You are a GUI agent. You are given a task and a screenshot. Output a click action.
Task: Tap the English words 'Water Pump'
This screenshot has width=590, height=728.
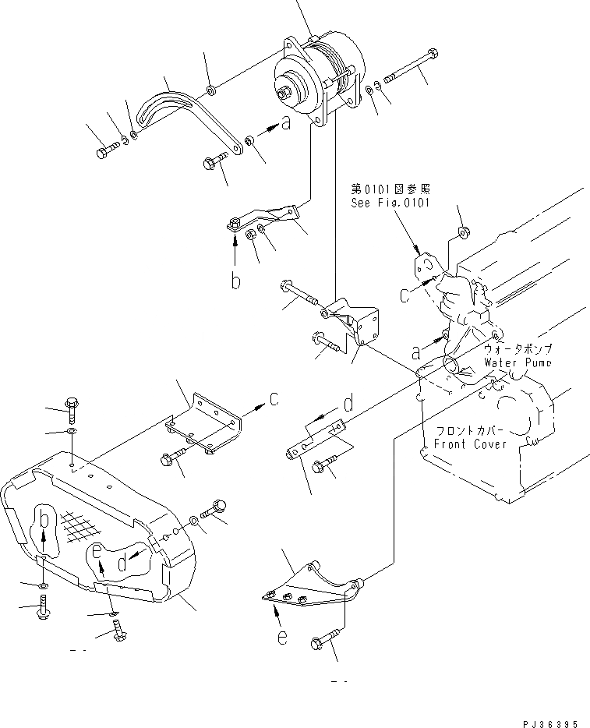click(x=518, y=362)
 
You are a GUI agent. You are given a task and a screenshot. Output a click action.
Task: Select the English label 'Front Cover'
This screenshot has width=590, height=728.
click(x=470, y=444)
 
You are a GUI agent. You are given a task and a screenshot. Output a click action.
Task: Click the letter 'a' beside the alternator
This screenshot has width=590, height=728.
click(x=286, y=122)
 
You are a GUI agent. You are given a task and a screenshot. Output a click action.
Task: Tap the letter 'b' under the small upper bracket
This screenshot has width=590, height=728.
click(x=235, y=280)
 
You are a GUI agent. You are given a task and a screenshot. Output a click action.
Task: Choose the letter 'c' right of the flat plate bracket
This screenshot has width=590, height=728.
click(x=274, y=400)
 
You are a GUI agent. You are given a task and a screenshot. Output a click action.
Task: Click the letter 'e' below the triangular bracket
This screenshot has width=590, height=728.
click(x=282, y=637)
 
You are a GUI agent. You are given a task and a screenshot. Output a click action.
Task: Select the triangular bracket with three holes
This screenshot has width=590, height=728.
click(x=306, y=587)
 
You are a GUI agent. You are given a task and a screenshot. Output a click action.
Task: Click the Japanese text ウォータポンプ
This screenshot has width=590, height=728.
click(x=517, y=350)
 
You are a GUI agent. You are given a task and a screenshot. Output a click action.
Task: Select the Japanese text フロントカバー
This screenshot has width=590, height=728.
click(x=469, y=431)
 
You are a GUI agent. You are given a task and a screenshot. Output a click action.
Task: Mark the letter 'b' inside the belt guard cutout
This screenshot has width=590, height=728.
click(x=44, y=521)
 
